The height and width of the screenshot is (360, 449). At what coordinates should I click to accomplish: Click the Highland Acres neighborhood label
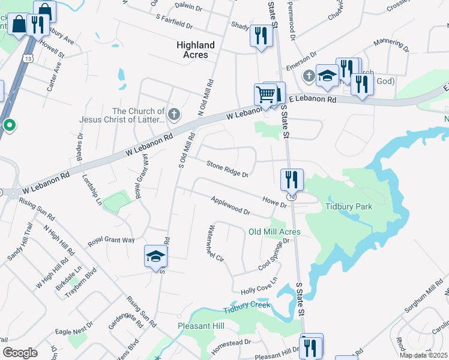click(x=196, y=50)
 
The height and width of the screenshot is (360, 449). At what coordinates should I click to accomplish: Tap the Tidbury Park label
click(x=349, y=206)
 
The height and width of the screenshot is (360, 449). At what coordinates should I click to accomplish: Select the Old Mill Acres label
click(x=274, y=232)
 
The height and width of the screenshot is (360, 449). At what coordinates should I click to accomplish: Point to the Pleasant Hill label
click(x=201, y=326)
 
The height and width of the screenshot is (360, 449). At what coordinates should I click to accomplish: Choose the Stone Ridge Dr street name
click(x=228, y=169)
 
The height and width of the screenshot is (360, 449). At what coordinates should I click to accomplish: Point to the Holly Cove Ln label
click(x=259, y=284)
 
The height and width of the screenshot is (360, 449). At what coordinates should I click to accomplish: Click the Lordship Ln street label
click(x=92, y=189)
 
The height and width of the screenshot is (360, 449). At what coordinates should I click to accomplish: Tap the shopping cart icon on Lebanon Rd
click(x=265, y=95)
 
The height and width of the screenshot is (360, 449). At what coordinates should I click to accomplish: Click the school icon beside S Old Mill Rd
click(x=155, y=256)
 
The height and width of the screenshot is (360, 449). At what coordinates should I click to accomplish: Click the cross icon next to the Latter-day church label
click(x=173, y=115)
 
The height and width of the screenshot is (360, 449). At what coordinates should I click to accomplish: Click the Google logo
click(x=20, y=353)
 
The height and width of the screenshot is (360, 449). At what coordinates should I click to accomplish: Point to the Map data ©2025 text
click(x=423, y=355)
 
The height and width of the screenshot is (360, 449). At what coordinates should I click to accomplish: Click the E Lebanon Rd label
click(x=313, y=100)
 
